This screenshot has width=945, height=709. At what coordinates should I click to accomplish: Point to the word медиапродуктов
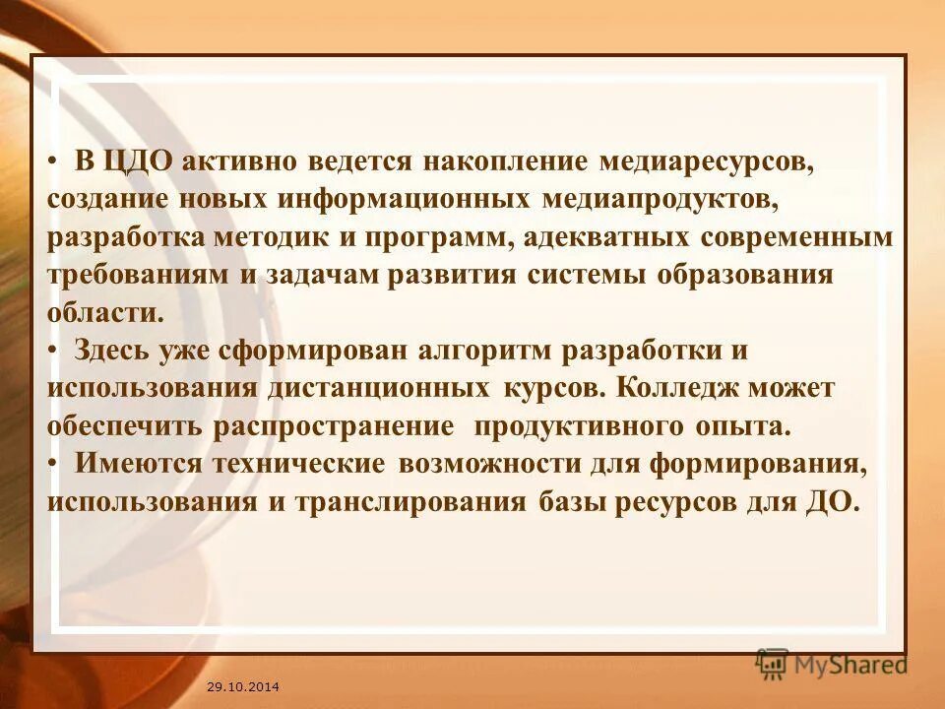click(x=659, y=199)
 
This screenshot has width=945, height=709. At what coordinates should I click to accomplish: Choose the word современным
click(x=796, y=237)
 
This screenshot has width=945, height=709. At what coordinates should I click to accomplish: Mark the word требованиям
click(x=139, y=275)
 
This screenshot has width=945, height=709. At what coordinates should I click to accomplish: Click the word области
click(x=101, y=312)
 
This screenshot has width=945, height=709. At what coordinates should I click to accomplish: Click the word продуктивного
click(x=601, y=425)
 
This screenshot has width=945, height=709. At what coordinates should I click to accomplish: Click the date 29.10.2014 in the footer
click(x=243, y=684)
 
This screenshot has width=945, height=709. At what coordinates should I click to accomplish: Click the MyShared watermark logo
click(x=832, y=665)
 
